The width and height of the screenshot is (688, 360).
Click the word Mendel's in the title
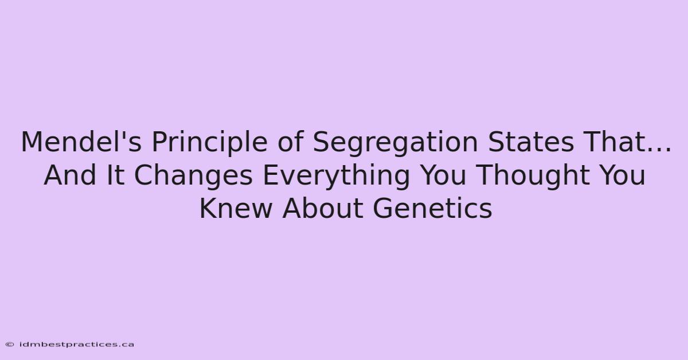pos(81,142)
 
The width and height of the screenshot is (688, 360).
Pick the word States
pos(531,142)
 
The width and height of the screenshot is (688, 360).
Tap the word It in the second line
pos(115,175)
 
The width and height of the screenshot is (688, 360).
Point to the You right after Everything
pos(442,175)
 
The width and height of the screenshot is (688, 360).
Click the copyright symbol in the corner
pos(10,345)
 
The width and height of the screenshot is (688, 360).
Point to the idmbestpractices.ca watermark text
pos(77,345)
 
